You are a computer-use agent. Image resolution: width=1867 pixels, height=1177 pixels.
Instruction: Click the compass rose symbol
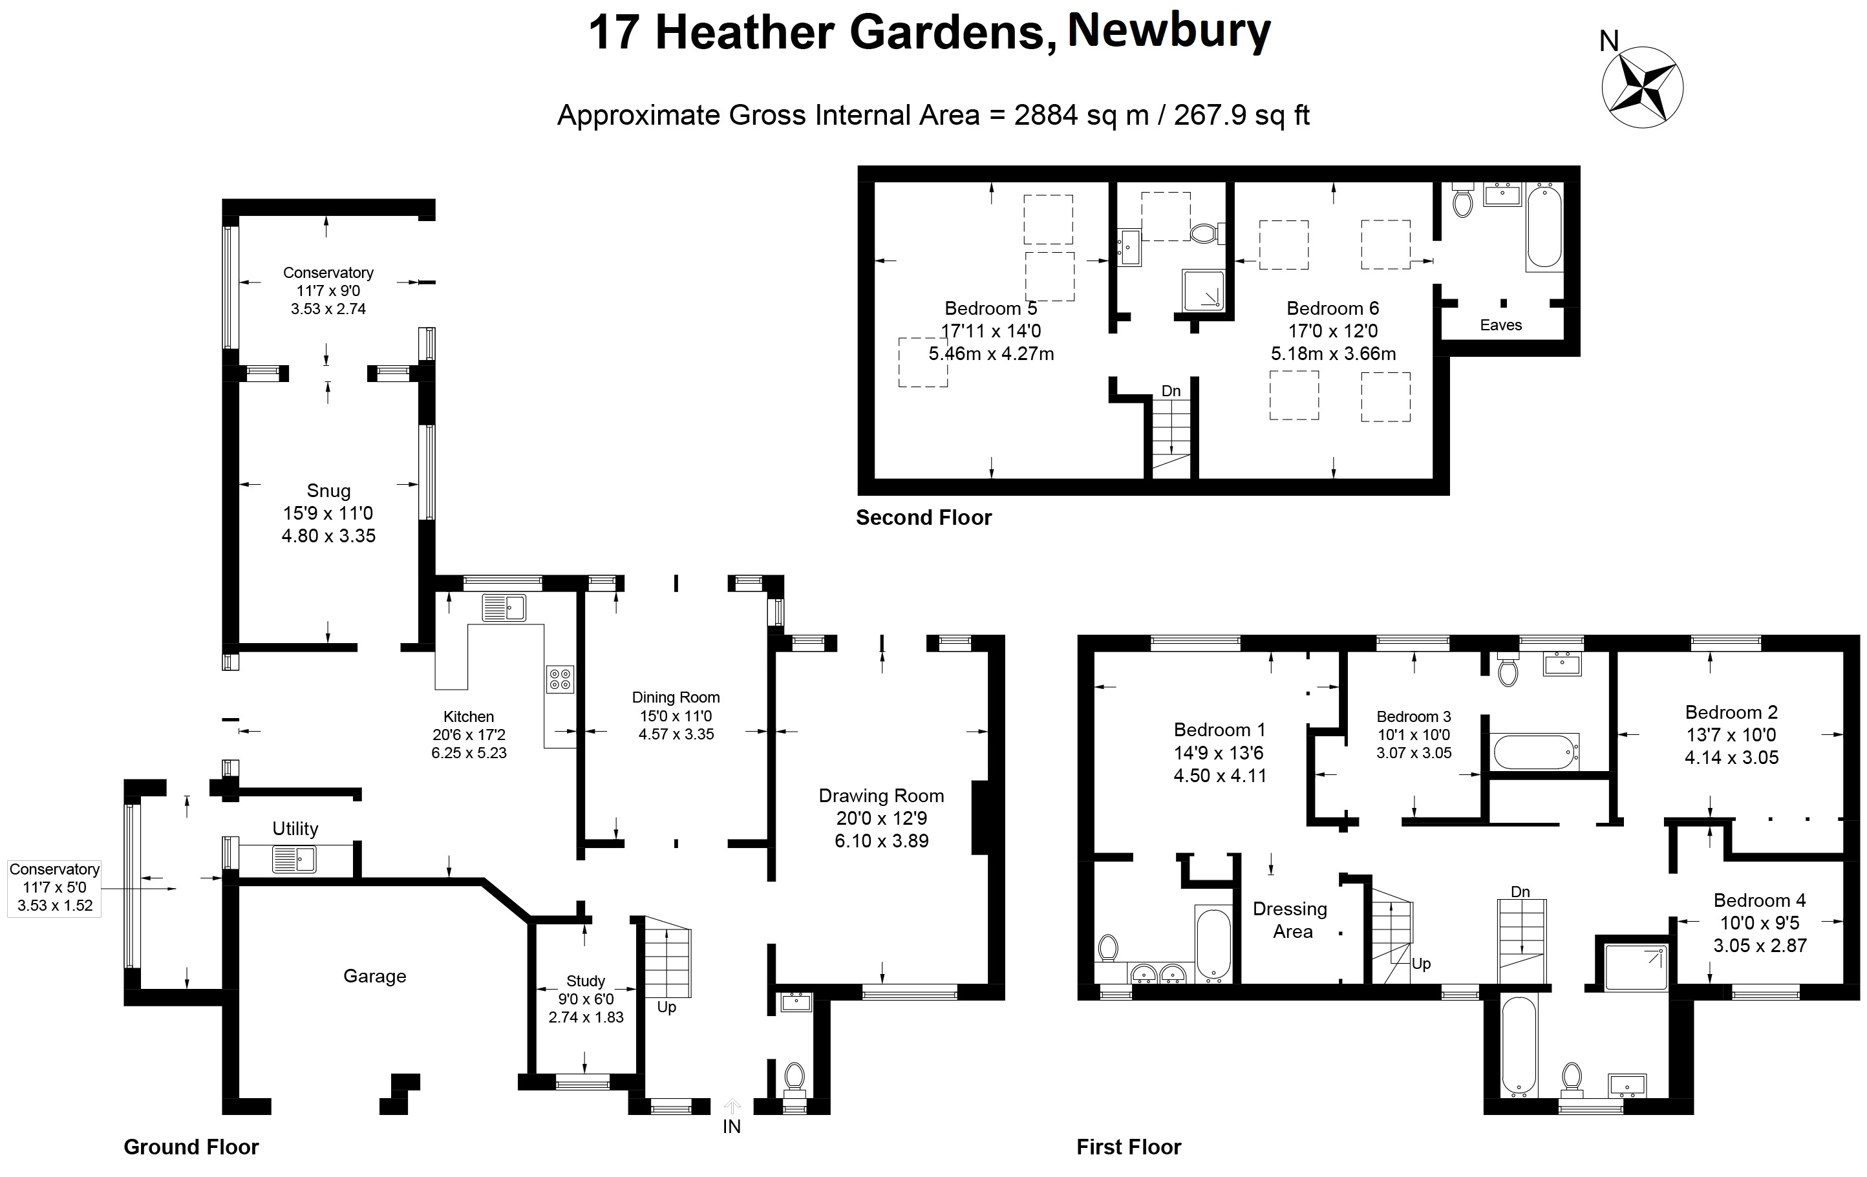tap(1642, 87)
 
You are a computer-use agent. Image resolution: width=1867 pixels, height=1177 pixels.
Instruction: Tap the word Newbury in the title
tap(1169, 32)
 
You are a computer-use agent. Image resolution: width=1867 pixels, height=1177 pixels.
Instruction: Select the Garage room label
tap(374, 976)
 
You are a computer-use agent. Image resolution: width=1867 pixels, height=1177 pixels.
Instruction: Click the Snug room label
tap(329, 491)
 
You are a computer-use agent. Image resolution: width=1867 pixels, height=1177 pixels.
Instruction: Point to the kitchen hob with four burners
tap(560, 679)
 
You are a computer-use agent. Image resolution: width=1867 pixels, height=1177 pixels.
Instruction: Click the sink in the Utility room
tap(294, 859)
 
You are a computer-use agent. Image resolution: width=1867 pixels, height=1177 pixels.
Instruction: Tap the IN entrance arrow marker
tap(732, 1108)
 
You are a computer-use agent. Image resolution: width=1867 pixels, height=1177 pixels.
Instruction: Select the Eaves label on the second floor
tap(1500, 325)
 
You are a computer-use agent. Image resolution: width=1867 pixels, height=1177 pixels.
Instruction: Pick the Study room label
tap(585, 981)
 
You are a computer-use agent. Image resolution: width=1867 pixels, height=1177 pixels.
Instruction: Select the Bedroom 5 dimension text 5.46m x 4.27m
tap(991, 354)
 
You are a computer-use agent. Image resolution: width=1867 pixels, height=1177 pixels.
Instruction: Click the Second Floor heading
tap(923, 517)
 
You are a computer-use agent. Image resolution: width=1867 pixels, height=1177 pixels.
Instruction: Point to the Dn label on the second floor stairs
tap(1171, 391)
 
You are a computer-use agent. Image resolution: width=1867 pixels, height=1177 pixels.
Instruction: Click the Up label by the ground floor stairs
tap(667, 1007)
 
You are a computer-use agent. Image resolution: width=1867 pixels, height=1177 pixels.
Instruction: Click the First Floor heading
tap(1128, 1147)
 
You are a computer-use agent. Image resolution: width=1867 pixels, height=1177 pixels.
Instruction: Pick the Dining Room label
tap(676, 697)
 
